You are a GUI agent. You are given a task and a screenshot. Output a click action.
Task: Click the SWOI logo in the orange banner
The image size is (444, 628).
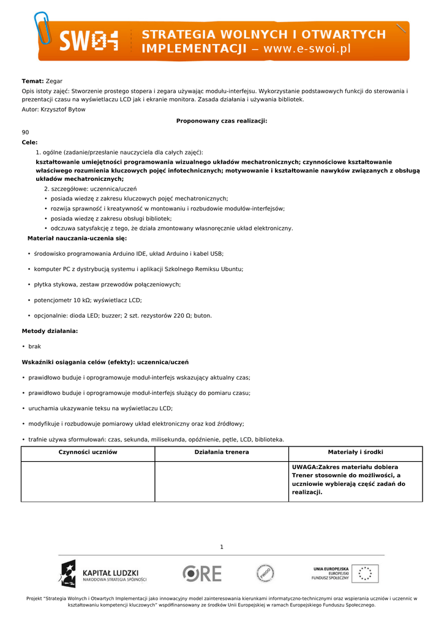[x=88, y=42]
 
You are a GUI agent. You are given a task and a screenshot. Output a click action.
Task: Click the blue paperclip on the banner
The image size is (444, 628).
[x=43, y=28]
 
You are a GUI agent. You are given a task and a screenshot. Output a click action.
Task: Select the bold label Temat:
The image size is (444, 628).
[x=32, y=81]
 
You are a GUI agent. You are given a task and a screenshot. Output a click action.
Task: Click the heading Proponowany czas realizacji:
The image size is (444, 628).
[x=222, y=121]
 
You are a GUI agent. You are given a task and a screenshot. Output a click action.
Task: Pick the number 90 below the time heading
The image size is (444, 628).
[x=25, y=132]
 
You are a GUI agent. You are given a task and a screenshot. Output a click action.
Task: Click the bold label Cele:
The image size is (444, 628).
[x=29, y=142]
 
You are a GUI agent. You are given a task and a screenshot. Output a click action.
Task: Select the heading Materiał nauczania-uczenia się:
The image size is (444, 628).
[x=77, y=238]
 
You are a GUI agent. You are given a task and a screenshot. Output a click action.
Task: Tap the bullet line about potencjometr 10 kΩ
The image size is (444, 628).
[x=88, y=300]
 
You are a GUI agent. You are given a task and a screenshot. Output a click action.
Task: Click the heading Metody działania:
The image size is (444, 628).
[x=50, y=331]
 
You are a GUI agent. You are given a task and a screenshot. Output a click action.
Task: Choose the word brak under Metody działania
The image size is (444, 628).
[x=35, y=347]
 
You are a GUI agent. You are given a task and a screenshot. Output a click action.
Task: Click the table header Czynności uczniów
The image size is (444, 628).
[x=88, y=452]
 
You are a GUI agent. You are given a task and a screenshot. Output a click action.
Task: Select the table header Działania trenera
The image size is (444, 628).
[x=222, y=452]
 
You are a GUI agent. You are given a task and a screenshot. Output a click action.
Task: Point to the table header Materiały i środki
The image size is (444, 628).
[x=355, y=452]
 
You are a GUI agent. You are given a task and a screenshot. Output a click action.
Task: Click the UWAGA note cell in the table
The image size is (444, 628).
[x=348, y=480]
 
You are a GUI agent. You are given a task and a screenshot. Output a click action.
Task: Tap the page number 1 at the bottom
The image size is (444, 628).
[x=222, y=547]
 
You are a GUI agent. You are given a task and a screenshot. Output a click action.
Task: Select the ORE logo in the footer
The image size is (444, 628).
[x=202, y=573]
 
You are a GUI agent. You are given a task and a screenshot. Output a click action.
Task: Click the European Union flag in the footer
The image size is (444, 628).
[x=365, y=573]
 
